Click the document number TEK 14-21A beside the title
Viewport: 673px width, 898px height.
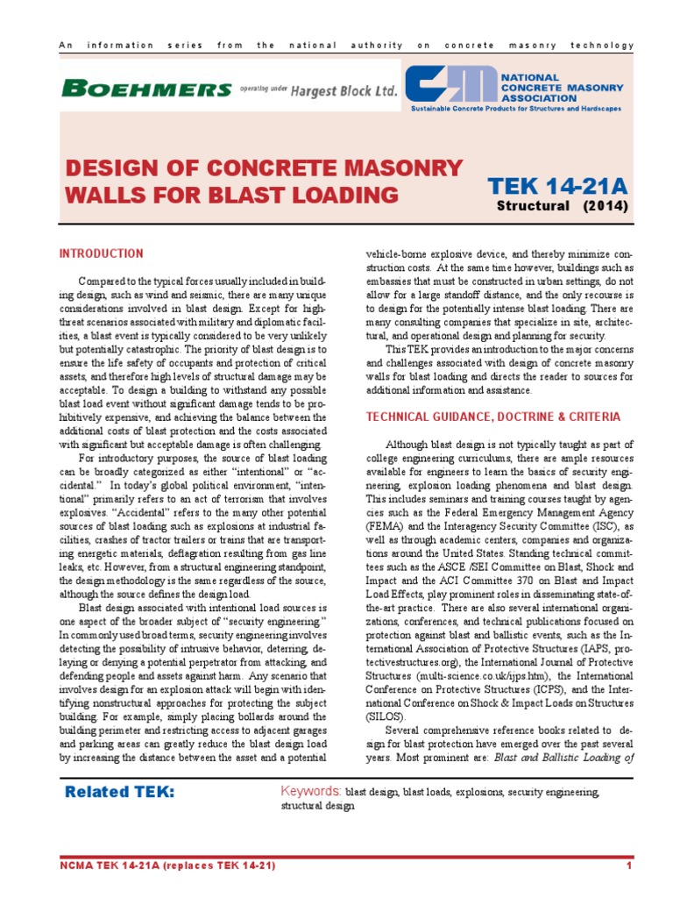click(557, 186)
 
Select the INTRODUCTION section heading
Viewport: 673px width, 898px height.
click(101, 254)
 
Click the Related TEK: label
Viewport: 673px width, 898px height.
click(120, 793)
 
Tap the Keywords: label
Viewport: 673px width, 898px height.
click(310, 792)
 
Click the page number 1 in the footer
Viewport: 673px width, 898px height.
click(629, 866)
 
